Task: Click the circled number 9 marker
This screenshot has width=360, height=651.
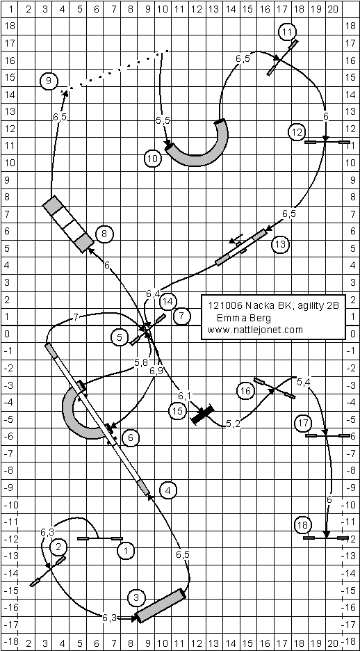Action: pyautogui.click(x=49, y=81)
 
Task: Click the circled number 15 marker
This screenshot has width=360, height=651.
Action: pyautogui.click(x=177, y=410)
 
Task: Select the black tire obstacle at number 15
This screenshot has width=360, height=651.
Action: pyautogui.click(x=202, y=415)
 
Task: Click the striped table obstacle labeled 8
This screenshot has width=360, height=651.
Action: pyautogui.click(x=68, y=224)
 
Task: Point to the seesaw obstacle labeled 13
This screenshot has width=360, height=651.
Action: pyautogui.click(x=240, y=247)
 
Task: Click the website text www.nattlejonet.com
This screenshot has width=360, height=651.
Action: pyautogui.click(x=256, y=330)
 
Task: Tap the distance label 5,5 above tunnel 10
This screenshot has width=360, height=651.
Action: pyautogui.click(x=163, y=120)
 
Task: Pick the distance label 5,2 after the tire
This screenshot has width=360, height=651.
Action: pyautogui.click(x=233, y=424)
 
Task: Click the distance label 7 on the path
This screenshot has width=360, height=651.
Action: pyautogui.click(x=76, y=318)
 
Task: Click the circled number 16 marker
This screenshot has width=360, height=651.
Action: pyautogui.click(x=245, y=391)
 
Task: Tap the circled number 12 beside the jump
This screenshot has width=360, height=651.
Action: pyautogui.click(x=297, y=133)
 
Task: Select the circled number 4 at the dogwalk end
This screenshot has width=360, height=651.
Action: pyautogui.click(x=167, y=490)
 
